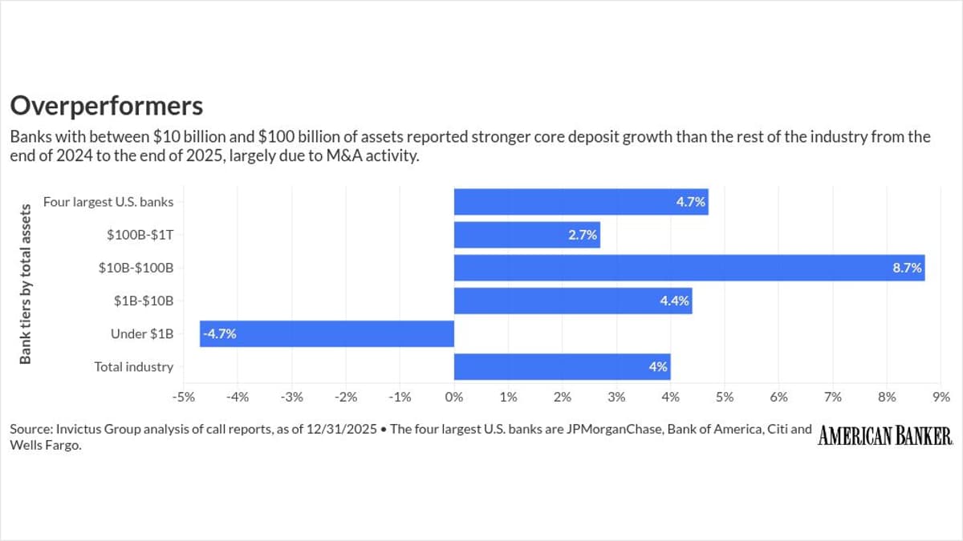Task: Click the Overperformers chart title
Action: pyautogui.click(x=106, y=106)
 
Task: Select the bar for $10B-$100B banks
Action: pyautogui.click(x=689, y=268)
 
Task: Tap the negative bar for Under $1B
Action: pyautogui.click(x=327, y=334)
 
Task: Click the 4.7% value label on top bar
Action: pyautogui.click(x=691, y=202)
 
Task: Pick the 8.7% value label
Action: pyautogui.click(x=907, y=268)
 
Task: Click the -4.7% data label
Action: pyautogui.click(x=220, y=334)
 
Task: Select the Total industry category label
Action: pyautogui.click(x=133, y=367)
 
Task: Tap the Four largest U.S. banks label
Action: pyautogui.click(x=108, y=202)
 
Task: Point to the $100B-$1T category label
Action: pyautogui.click(x=140, y=235)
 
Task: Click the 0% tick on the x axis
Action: pyautogui.click(x=454, y=397)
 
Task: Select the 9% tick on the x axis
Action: pyautogui.click(x=942, y=397)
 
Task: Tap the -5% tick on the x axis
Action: pyautogui.click(x=183, y=397)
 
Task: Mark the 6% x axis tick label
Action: pyautogui.click(x=779, y=397)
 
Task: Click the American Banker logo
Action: pyautogui.click(x=885, y=436)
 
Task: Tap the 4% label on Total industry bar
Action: pyautogui.click(x=658, y=367)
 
